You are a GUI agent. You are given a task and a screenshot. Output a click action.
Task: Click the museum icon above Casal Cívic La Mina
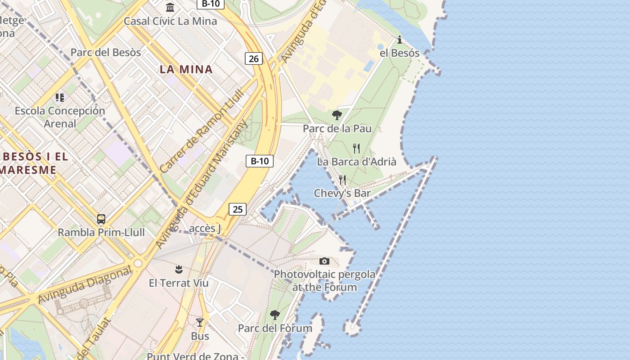tap(170, 7)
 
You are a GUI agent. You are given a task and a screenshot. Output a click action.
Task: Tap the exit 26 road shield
tap(254, 58)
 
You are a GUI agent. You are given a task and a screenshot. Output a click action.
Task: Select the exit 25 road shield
tap(238, 209)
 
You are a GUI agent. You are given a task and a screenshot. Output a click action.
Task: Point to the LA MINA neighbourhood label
tap(186, 69)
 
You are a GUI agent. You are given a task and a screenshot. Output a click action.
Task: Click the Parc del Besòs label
tap(106, 52)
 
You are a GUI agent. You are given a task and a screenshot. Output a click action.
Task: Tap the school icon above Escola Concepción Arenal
tap(60, 97)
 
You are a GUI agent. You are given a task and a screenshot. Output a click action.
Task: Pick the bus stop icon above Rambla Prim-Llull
tap(101, 219)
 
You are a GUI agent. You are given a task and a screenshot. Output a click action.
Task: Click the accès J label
tap(205, 228)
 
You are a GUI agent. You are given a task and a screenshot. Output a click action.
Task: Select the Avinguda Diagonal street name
tap(85, 284)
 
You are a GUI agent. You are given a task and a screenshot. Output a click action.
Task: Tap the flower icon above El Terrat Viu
tap(179, 270)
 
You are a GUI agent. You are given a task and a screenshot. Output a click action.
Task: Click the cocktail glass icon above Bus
tap(200, 323)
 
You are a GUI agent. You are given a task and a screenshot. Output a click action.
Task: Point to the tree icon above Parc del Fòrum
tap(275, 315)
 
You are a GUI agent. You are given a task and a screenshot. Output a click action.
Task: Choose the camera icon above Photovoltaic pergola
tap(324, 261)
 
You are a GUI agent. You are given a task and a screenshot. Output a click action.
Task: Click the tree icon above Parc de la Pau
tap(337, 115)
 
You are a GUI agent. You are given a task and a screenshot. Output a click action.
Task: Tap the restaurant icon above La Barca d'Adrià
tap(356, 148)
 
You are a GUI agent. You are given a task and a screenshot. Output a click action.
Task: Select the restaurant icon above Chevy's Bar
tap(342, 180)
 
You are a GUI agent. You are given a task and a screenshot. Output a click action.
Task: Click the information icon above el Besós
tap(400, 40)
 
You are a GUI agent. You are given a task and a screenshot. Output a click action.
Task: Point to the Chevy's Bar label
tap(342, 193)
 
